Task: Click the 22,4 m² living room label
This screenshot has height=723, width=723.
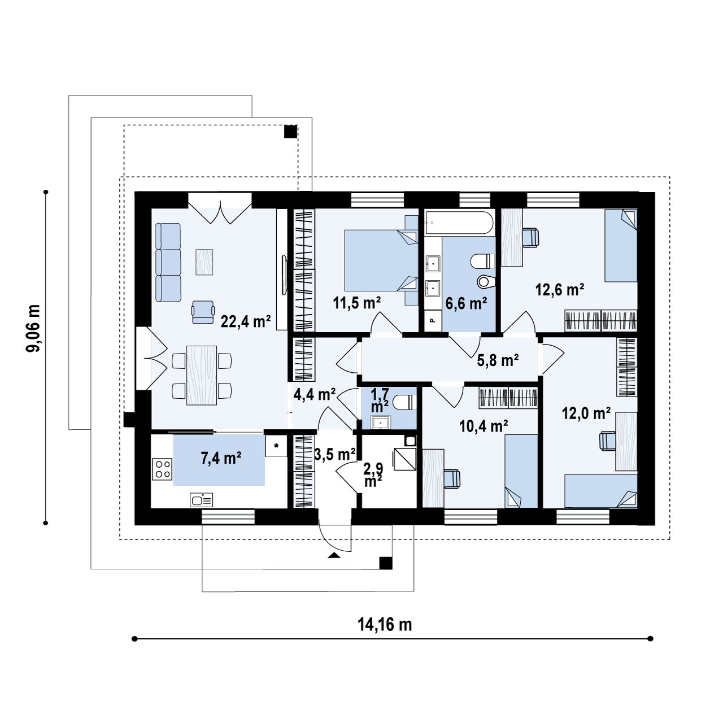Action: click(246, 321)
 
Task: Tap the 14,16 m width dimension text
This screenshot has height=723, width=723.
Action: click(385, 625)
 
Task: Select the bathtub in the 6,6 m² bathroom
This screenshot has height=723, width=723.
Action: click(459, 223)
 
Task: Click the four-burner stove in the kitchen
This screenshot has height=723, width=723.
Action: click(162, 469)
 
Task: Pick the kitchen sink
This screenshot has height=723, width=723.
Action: click(202, 500)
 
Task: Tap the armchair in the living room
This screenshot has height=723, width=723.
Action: click(203, 312)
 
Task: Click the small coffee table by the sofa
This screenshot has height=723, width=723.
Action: click(204, 262)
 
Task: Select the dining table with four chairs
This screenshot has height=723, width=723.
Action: click(202, 375)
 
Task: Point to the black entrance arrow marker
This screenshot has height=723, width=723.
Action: click(334, 555)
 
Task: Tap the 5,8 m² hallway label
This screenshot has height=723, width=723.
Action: click(498, 360)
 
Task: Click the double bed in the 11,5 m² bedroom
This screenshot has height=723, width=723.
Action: click(381, 260)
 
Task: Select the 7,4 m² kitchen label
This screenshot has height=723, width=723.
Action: click(221, 458)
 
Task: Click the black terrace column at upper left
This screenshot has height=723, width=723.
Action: click(290, 131)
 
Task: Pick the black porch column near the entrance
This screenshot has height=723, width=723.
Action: click(386, 563)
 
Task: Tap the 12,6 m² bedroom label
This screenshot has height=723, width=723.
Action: click(559, 290)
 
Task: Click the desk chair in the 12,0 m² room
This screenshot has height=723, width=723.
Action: click(607, 440)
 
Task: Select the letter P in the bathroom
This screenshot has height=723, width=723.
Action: click(433, 320)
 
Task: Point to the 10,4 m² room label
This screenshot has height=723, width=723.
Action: click(484, 426)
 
